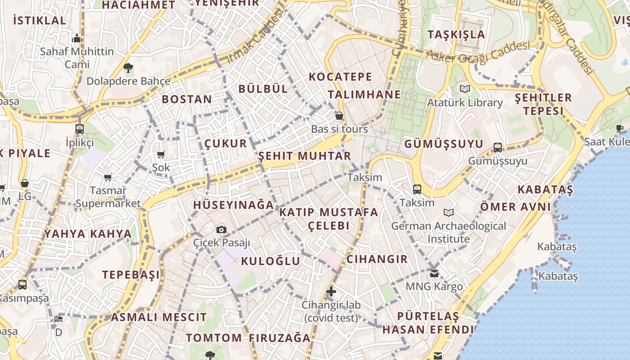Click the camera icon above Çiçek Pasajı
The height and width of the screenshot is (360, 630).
(x=221, y=229)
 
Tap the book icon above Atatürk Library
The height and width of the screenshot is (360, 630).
(x=464, y=89)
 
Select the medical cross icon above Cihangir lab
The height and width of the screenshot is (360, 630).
(x=331, y=291)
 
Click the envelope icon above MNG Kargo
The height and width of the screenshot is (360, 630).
(x=434, y=273)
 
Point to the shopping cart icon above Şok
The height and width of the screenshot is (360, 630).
(x=161, y=154)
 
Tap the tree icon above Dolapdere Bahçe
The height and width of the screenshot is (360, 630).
(x=128, y=68)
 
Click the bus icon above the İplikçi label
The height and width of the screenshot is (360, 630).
(x=80, y=129)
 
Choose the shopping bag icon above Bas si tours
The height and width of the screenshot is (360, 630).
(x=339, y=116)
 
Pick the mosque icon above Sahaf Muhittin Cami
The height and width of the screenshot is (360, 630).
(x=77, y=38)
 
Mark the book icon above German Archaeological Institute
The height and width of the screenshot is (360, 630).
(x=448, y=212)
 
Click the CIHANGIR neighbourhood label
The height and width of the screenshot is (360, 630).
(x=377, y=259)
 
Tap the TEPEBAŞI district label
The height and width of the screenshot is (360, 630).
(x=131, y=274)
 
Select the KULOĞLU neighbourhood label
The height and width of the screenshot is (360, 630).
(x=270, y=261)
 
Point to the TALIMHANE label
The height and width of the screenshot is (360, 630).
(x=364, y=94)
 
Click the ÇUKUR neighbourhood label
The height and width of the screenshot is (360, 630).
(x=226, y=144)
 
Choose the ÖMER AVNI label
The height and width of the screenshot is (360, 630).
(x=516, y=207)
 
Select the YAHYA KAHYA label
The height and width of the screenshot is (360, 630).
(x=88, y=234)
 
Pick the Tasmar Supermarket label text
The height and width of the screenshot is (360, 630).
(x=108, y=197)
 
